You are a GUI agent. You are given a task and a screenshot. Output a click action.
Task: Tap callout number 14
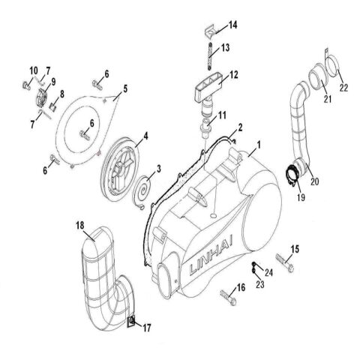[x=232, y=26]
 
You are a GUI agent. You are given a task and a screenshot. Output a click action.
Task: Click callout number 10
[x=33, y=71]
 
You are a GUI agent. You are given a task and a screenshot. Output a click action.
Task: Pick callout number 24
[x=270, y=271]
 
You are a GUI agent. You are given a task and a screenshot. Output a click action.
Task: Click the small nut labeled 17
[x=132, y=323]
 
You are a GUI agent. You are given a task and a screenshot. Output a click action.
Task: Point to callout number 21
[x=327, y=100]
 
